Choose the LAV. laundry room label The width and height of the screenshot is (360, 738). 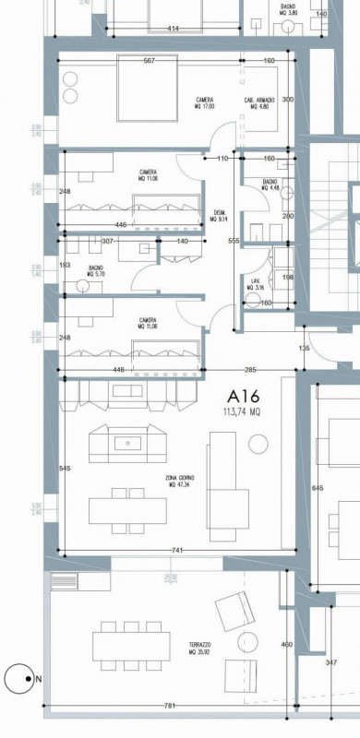(254, 283)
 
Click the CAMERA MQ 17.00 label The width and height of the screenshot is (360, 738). (205, 102)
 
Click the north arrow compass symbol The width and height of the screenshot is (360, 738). (18, 680)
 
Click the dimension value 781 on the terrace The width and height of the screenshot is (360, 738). (169, 707)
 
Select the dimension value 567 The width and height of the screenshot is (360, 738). (149, 62)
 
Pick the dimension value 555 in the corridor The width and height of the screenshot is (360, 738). (234, 241)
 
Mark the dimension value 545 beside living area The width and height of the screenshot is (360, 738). (65, 470)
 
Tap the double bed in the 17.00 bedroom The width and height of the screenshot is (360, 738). (148, 88)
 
